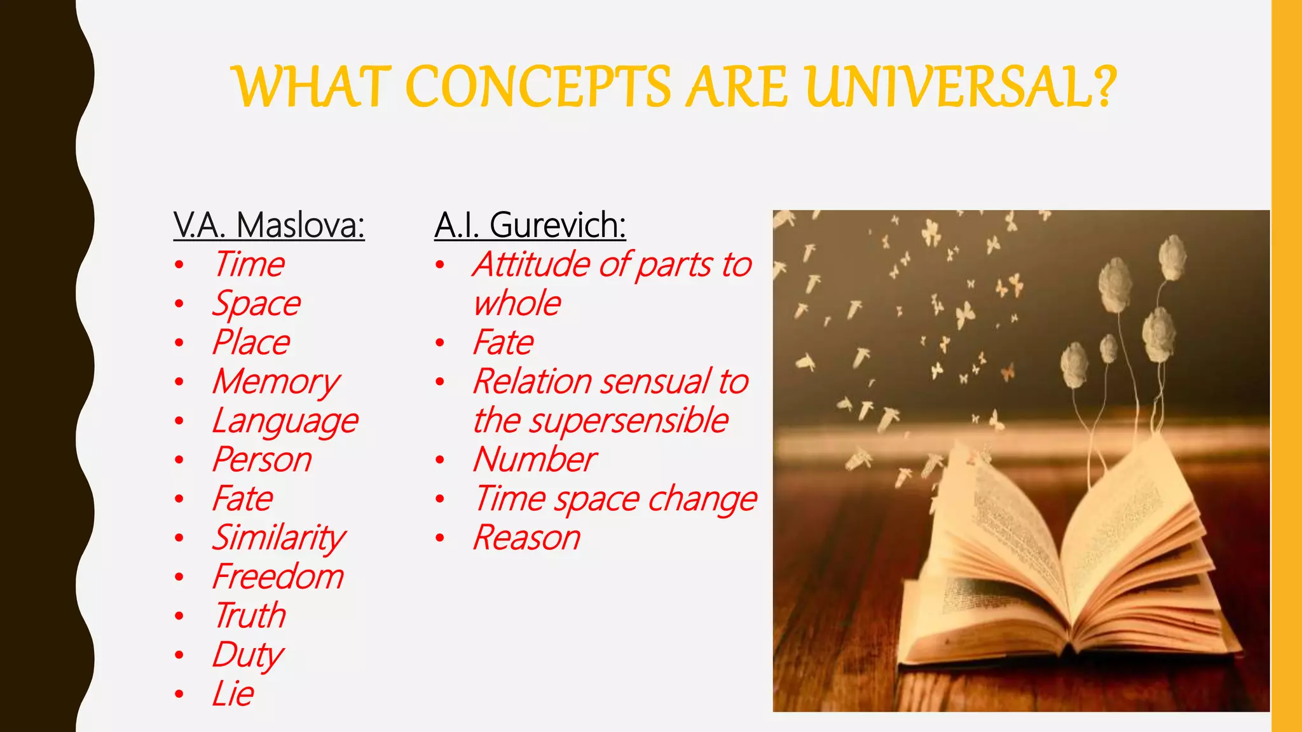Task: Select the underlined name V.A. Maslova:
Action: [269, 225]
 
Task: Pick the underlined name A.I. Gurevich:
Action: [530, 225]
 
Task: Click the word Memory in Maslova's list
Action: [276, 382]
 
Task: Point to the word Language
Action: [285, 421]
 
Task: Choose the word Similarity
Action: [279, 538]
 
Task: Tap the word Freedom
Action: [278, 577]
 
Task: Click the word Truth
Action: [250, 616]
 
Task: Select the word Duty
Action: [248, 655]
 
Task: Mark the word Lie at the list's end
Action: [233, 693]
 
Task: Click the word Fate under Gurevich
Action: [503, 342]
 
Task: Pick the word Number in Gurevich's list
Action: [535, 459]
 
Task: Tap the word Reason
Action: [526, 538]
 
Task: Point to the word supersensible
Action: [629, 421]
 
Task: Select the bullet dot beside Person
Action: [179, 459]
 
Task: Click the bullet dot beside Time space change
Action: [439, 499]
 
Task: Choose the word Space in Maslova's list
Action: [256, 304]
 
